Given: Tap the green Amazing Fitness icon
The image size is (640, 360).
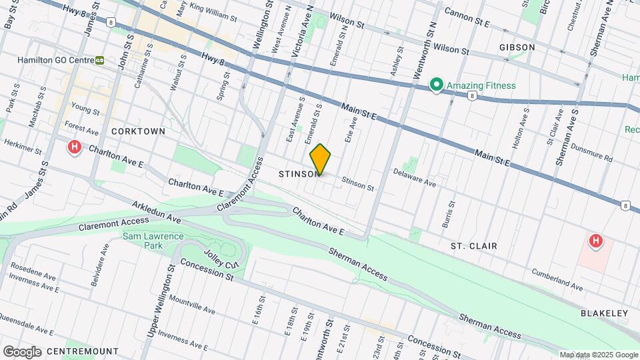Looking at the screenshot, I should (436, 85).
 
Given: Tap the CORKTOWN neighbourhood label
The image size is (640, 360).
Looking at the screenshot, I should (138, 131).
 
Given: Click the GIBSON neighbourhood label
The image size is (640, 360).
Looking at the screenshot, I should (517, 47).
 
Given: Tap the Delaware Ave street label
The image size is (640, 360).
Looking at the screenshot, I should (414, 181).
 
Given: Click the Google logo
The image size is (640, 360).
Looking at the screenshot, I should (22, 351).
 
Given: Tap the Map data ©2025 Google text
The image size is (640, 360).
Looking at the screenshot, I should (598, 355).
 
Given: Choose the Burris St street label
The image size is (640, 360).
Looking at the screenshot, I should (449, 214).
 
